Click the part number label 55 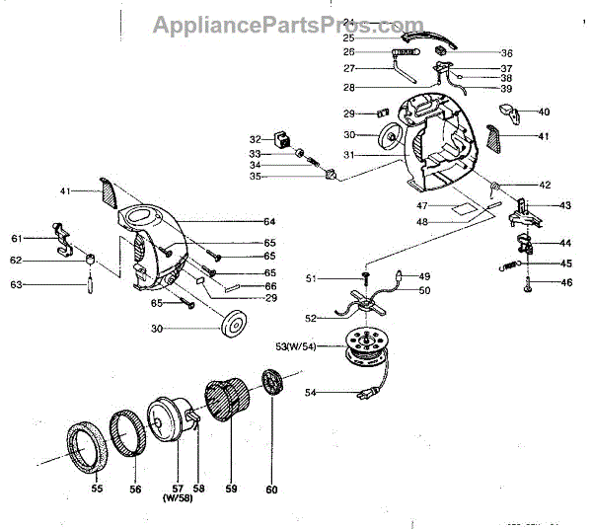(x=97, y=488)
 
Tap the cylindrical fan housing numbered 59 (x=232, y=406)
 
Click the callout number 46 (x=565, y=283)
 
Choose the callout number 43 (x=565, y=205)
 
